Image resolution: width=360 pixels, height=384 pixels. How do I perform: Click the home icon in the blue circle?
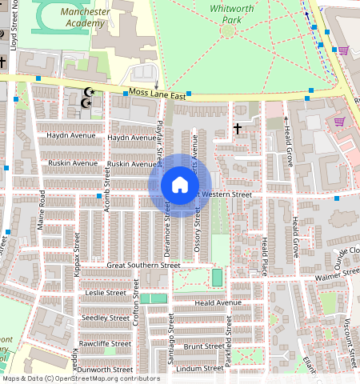pos(180,185)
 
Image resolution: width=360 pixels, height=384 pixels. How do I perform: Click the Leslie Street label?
pos(106,293)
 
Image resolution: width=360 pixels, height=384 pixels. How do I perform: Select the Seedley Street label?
pos(106,318)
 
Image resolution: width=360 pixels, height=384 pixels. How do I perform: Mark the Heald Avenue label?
pos(218,303)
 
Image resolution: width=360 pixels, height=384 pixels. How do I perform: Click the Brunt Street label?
pos(203,346)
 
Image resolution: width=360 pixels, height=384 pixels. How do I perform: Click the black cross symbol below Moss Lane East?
pos(237,128)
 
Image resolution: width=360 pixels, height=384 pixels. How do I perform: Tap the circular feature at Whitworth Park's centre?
pos(228,30)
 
